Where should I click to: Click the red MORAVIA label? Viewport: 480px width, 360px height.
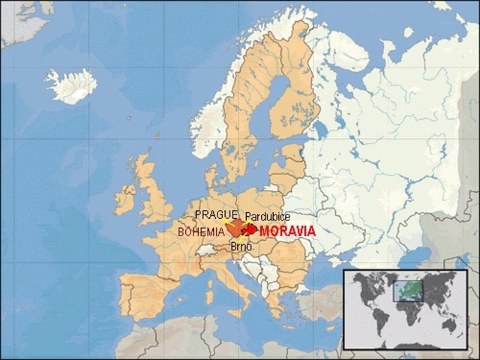coord(287,231)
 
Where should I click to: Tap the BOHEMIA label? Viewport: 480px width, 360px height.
coord(201,232)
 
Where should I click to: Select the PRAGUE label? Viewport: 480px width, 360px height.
coord(216,214)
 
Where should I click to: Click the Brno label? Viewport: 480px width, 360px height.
coord(240,245)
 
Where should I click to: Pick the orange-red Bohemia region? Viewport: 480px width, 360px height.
coord(235,227)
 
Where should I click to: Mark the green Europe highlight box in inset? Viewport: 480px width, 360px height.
coord(408,289)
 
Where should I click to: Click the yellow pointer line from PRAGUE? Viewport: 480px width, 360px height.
coord(227,222)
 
